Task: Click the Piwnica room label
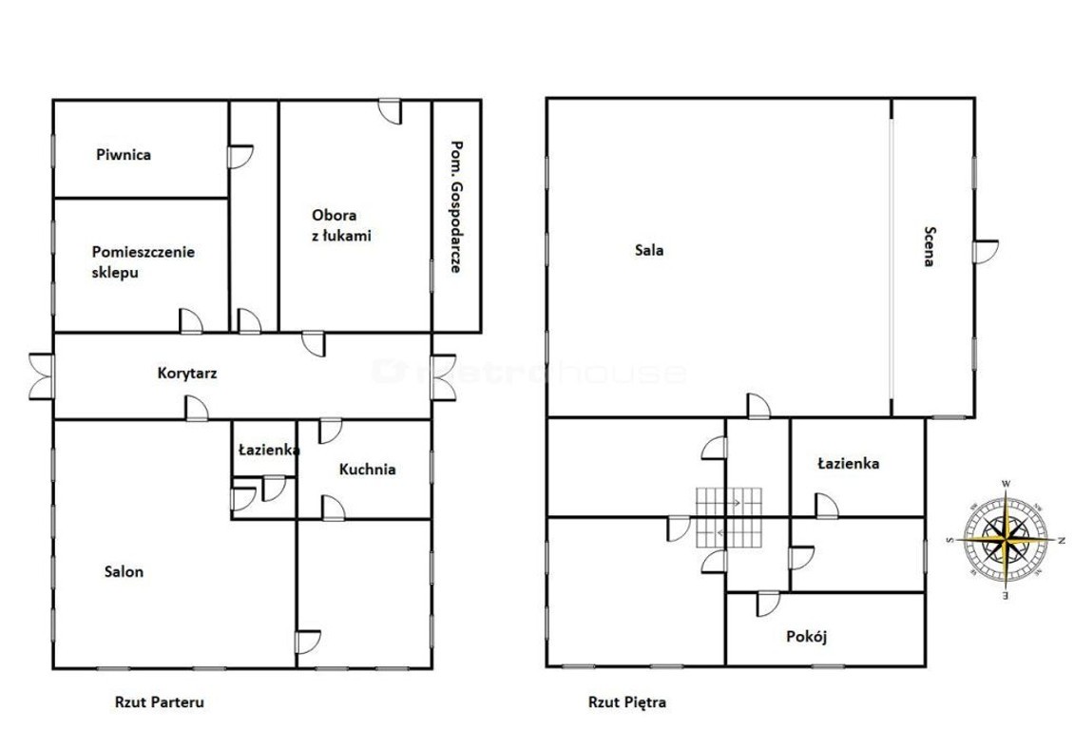[x=124, y=155]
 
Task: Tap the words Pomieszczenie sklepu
[x=144, y=261]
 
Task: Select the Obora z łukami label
[x=341, y=225]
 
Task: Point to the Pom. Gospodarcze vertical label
[x=455, y=207]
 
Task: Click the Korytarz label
[x=187, y=374]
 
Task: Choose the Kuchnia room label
[x=367, y=470]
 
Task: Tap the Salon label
[x=124, y=571]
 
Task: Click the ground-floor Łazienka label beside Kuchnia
[x=268, y=450]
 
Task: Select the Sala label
[x=648, y=250]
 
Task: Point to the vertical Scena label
[x=929, y=246]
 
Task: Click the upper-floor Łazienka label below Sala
[x=849, y=464]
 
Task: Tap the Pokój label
[x=807, y=636]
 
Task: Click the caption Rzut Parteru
[x=159, y=701]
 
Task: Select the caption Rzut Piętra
[x=626, y=701]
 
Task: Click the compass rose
[x=1006, y=540]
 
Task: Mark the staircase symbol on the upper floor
[x=729, y=517]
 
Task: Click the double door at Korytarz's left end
[x=41, y=375]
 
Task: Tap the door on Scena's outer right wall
[x=986, y=251]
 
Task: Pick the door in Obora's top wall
[x=391, y=111]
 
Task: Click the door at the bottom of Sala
[x=758, y=406]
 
